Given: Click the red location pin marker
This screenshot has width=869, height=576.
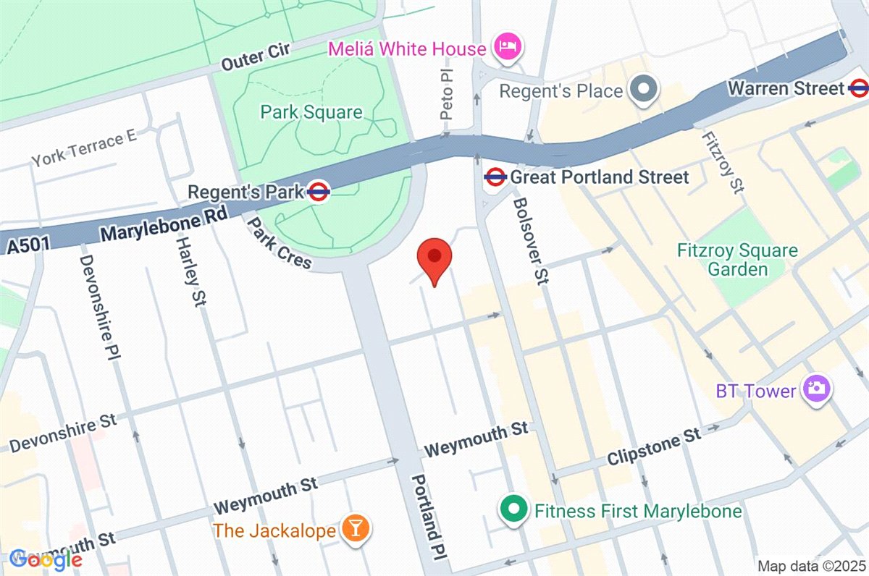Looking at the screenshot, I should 434,261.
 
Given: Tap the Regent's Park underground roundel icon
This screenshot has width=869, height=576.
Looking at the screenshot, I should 319,192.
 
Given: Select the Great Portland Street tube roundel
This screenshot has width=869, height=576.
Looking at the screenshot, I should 495,177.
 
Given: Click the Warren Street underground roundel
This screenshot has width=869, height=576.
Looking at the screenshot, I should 858,88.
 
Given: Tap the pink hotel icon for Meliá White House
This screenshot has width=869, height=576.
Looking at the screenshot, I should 504,48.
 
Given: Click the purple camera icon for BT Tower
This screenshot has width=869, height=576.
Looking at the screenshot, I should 816,390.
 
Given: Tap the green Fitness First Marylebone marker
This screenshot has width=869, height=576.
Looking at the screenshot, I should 513,510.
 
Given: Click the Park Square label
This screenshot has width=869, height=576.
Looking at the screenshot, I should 311,112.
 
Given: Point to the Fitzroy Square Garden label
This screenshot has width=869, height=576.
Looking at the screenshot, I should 727,261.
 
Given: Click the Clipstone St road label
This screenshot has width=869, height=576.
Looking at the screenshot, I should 654,448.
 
